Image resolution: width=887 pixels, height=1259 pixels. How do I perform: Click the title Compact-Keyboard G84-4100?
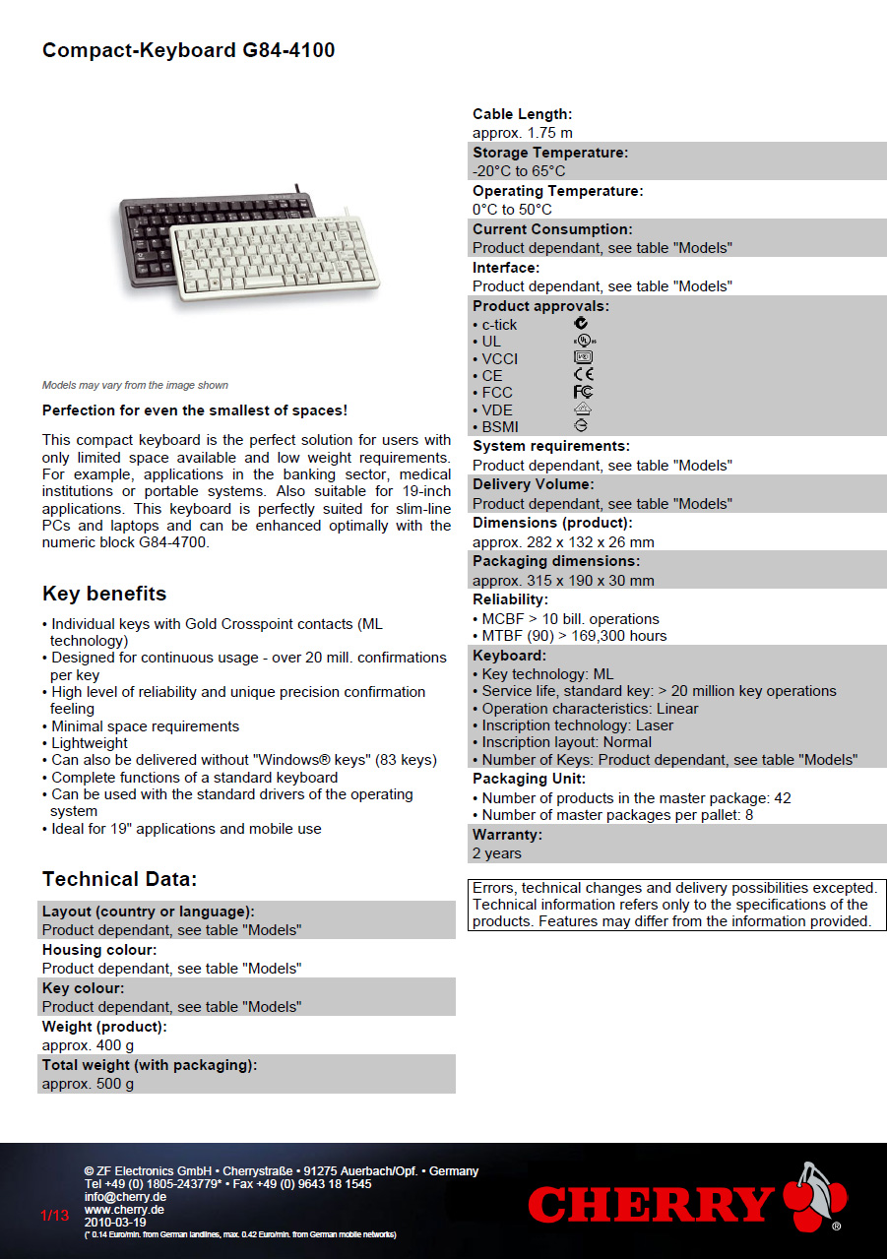point(188,50)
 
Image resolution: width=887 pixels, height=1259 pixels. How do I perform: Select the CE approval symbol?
point(583,375)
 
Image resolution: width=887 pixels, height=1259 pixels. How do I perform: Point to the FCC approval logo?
point(583,392)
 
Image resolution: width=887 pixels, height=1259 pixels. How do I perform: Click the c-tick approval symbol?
point(582,324)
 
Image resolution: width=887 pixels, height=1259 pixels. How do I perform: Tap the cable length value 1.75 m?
point(522,133)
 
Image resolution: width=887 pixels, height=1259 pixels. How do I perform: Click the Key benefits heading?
point(104,594)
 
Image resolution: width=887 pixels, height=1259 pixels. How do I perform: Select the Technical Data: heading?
point(119,879)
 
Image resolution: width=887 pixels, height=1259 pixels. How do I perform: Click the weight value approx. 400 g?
point(88,1045)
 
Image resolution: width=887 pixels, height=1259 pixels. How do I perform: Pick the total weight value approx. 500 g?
point(88,1084)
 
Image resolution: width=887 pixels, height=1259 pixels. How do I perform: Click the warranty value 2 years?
point(497,853)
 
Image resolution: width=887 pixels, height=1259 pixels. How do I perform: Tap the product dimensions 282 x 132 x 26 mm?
point(563,542)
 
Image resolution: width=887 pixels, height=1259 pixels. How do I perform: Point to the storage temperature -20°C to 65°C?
point(519,171)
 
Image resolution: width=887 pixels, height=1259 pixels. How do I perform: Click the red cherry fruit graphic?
point(815,1196)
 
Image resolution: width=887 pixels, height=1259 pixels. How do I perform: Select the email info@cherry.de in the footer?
point(125,1197)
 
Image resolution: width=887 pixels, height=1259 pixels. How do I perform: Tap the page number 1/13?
point(55,1216)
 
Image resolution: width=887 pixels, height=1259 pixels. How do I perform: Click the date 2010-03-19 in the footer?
point(115,1222)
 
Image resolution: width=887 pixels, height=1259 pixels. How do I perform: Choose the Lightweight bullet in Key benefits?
point(90,743)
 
